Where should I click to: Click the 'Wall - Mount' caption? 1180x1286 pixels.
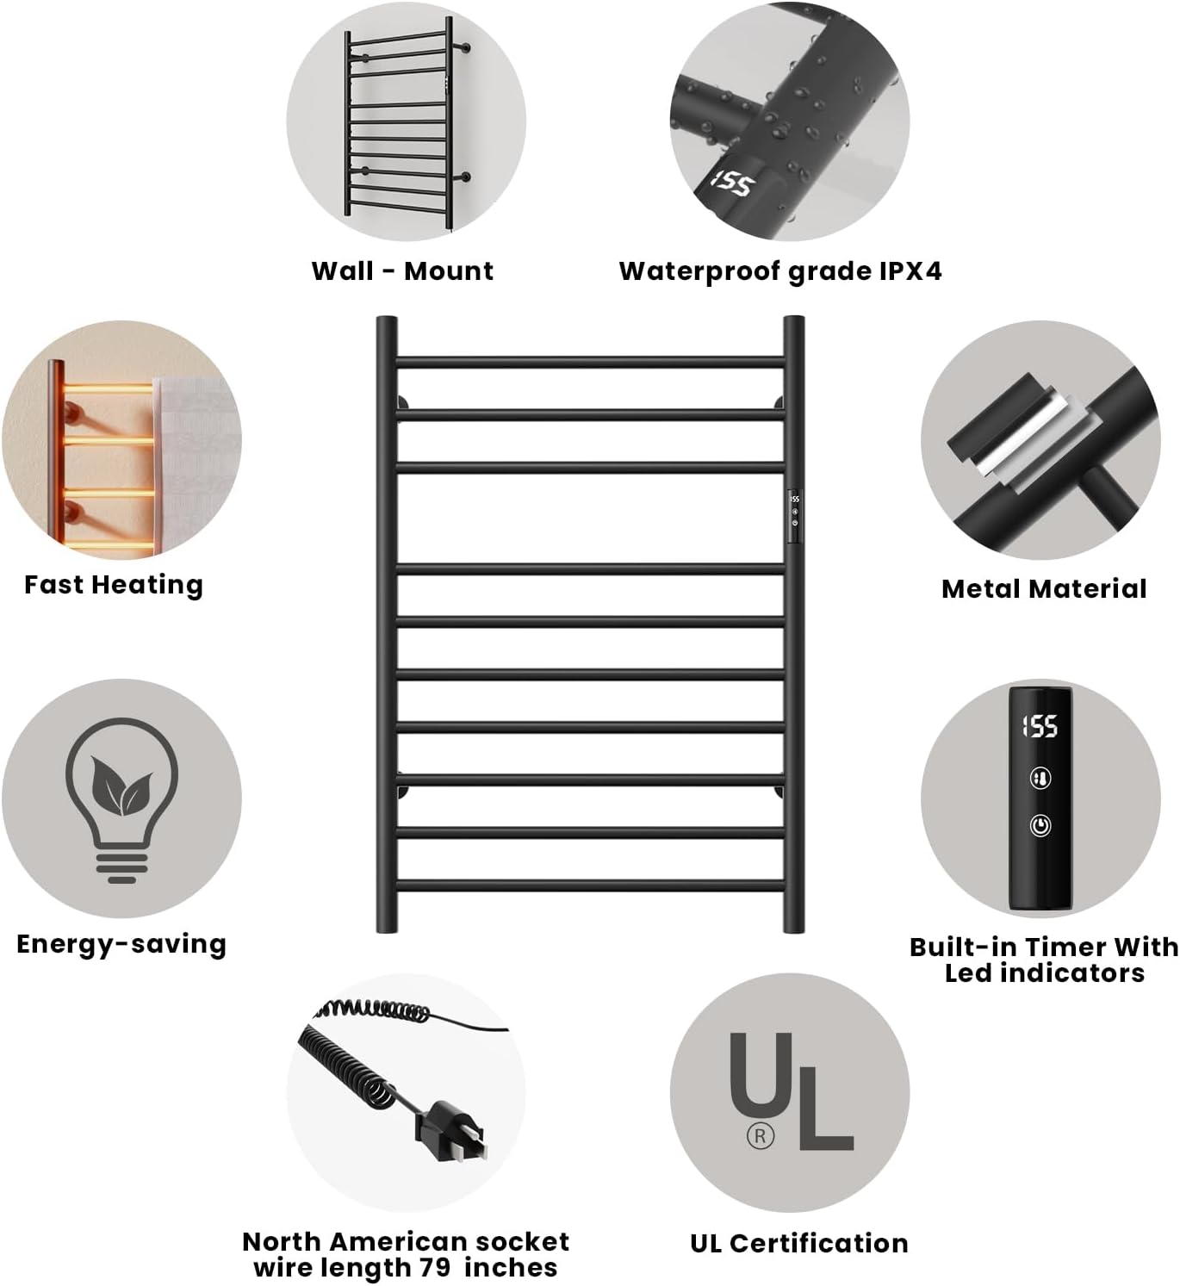tap(402, 270)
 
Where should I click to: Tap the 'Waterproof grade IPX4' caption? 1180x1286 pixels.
tap(780, 270)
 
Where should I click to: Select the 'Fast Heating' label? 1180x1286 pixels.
tap(114, 585)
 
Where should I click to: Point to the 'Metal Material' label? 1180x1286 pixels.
tap(1044, 589)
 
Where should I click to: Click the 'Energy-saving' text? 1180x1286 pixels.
tap(121, 944)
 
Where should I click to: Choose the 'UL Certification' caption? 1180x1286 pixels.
tap(799, 1243)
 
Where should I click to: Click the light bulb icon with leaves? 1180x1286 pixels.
tap(121, 798)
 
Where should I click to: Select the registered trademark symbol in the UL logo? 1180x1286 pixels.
tap(760, 1136)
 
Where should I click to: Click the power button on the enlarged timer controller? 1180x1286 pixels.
tap(1040, 825)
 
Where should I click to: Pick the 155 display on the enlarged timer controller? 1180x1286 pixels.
tap(1040, 726)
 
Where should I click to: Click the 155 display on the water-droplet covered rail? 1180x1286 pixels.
tap(732, 183)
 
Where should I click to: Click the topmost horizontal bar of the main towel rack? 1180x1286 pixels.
tap(591, 362)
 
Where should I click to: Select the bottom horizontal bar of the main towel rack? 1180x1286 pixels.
tap(591, 885)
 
